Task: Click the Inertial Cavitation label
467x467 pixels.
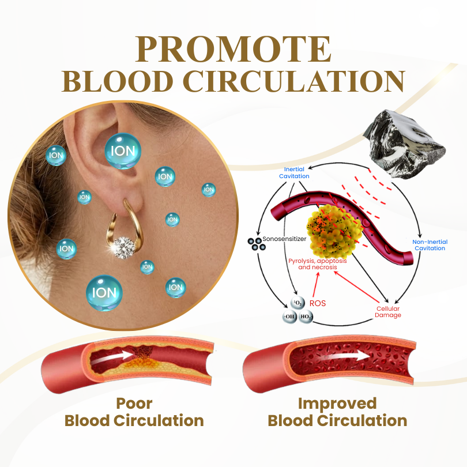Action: coord(294,173)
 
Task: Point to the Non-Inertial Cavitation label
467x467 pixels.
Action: coord(430,245)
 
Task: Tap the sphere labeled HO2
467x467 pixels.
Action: coord(306,317)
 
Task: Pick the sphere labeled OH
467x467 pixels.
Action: coord(289,317)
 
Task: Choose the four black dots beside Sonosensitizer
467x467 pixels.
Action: coord(254,243)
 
